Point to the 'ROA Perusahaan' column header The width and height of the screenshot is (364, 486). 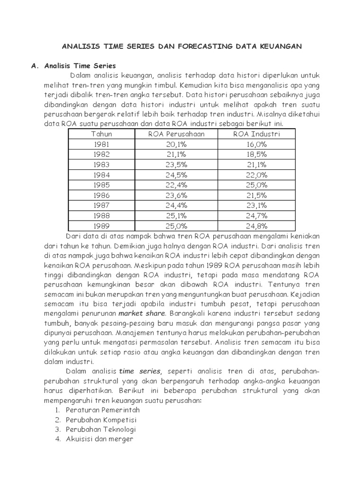(x=176, y=134)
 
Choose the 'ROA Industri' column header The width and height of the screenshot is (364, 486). (x=256, y=134)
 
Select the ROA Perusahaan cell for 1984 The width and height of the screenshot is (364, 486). (x=176, y=175)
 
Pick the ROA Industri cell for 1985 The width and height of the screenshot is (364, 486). (x=256, y=185)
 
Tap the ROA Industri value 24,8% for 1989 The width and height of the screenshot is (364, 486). (x=256, y=225)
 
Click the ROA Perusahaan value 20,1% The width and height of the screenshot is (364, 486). (x=176, y=144)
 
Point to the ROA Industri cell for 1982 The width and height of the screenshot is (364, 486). (x=256, y=154)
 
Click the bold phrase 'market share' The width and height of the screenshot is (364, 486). (x=142, y=314)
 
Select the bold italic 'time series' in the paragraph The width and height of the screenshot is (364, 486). (x=140, y=371)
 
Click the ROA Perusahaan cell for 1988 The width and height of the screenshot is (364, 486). (x=176, y=215)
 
